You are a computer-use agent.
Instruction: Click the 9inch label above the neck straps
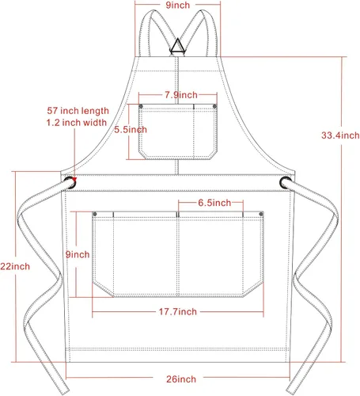(x=177, y=5)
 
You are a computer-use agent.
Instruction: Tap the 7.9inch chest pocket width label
(x=181, y=95)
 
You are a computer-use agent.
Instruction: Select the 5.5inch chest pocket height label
(x=131, y=129)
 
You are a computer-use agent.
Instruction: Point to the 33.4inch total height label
(x=340, y=135)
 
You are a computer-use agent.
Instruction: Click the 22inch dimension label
(x=15, y=266)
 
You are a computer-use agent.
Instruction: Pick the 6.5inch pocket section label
(x=214, y=203)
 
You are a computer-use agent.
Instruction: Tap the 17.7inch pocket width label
(x=177, y=311)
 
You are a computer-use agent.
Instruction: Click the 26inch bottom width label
(x=181, y=379)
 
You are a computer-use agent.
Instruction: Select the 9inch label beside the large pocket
(x=78, y=254)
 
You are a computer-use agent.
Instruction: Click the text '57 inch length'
(x=78, y=111)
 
